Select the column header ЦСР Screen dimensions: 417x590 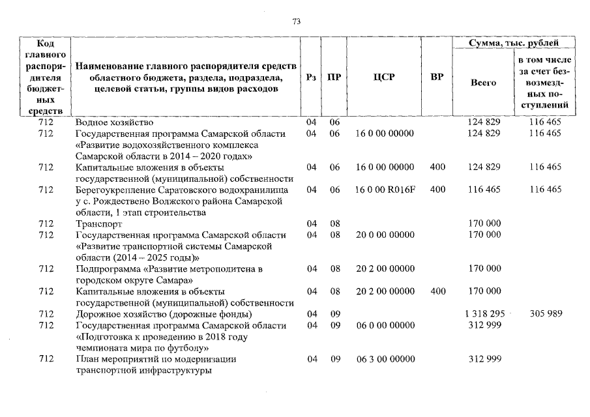click(x=384, y=78)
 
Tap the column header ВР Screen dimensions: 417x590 click(x=437, y=78)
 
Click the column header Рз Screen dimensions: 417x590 click(x=311, y=78)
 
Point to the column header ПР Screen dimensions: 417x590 click(x=334, y=78)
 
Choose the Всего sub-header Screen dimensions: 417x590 click(x=483, y=83)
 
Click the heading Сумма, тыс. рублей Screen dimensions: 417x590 click(x=514, y=42)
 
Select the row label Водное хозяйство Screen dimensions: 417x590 click(x=114, y=122)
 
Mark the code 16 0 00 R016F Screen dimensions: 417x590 click(x=385, y=190)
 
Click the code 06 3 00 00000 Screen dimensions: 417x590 click(x=385, y=359)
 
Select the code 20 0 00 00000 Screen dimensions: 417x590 click(x=385, y=235)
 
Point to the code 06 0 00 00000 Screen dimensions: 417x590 click(x=385, y=325)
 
